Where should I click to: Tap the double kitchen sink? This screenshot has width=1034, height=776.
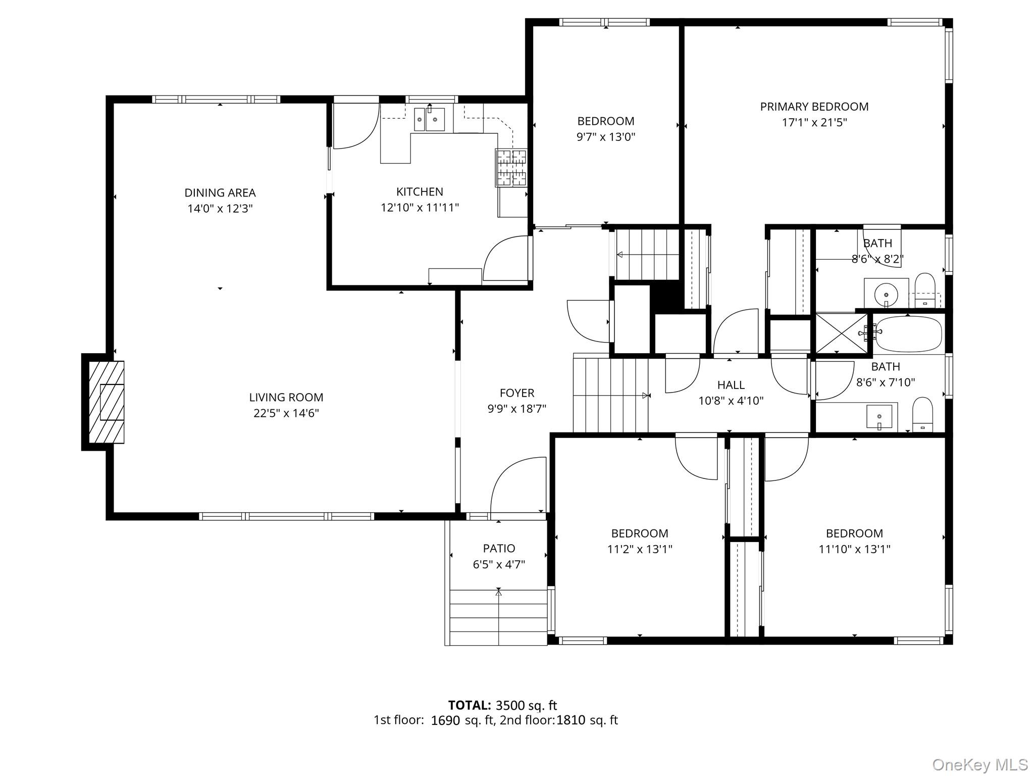click(x=429, y=120)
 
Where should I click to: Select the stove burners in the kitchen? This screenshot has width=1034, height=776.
click(x=511, y=168)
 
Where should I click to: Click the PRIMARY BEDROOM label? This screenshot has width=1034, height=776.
click(x=814, y=107)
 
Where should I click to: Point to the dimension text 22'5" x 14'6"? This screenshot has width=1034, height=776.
click(x=286, y=413)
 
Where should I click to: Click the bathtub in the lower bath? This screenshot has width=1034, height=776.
click(x=908, y=334)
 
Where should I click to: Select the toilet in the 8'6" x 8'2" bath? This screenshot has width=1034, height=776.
click(x=925, y=290)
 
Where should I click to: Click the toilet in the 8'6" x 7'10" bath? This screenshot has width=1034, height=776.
click(x=922, y=414)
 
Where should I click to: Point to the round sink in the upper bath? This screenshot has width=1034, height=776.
click(x=886, y=293)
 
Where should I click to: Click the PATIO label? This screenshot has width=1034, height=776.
click(x=499, y=548)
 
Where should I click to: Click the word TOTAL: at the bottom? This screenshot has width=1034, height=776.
click(x=469, y=705)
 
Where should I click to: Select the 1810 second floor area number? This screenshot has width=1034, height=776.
click(x=571, y=720)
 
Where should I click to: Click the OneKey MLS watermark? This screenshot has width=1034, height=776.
click(x=979, y=764)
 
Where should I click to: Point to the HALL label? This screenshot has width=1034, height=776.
click(x=731, y=385)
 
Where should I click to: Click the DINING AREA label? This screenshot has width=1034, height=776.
click(x=220, y=192)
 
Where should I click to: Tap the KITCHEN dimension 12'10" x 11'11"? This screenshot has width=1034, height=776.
click(x=420, y=207)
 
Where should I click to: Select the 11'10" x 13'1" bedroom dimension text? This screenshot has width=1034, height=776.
click(x=854, y=549)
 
